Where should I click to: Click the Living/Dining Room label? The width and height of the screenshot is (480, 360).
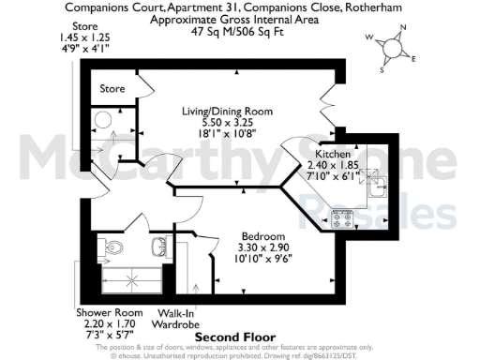click(227, 111)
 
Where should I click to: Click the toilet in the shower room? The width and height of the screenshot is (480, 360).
click(112, 247)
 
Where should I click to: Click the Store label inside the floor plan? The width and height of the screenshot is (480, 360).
click(112, 89)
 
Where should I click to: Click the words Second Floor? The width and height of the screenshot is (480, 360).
click(228, 335)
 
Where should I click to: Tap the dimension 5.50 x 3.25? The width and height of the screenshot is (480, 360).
click(227, 122)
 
